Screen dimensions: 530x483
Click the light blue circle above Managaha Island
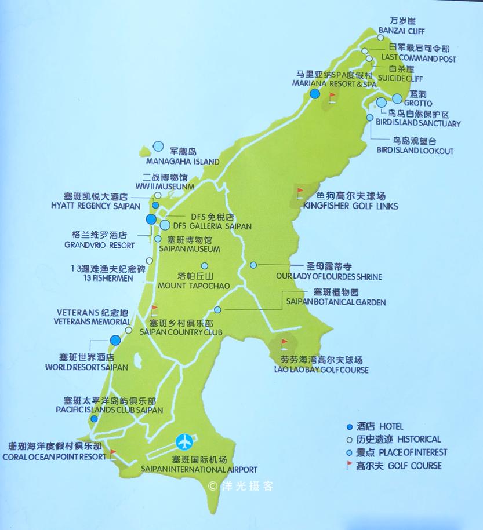158,147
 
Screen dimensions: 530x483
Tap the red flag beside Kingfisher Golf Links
300,191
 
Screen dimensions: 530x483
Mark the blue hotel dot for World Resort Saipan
115,340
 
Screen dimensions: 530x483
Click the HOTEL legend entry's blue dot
350,426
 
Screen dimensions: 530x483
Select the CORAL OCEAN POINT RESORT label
53,456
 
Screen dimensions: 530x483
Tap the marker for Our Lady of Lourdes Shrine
253,265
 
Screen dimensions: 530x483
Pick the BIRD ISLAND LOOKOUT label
415,151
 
